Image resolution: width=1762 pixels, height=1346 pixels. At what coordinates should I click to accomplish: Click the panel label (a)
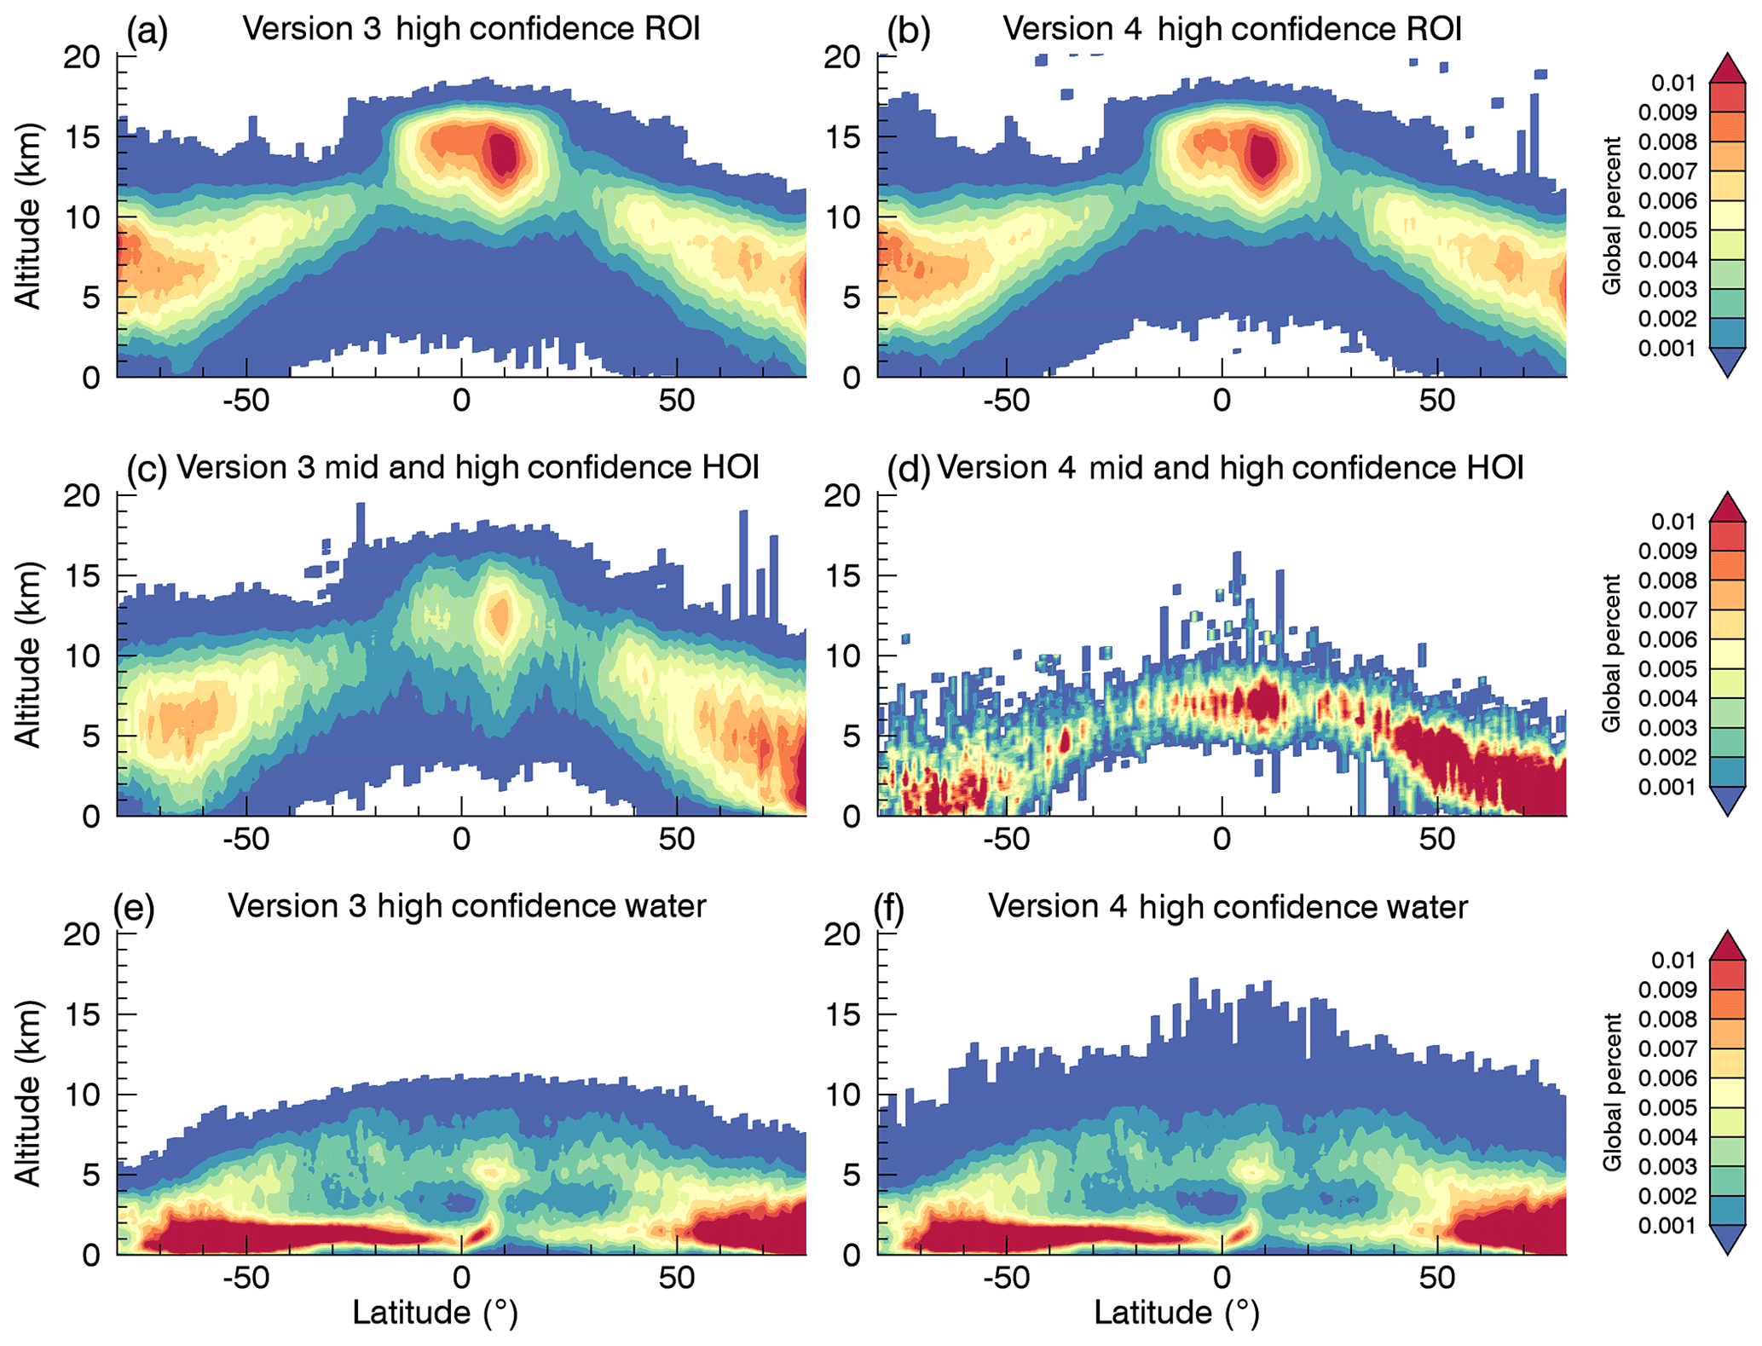[x=147, y=32]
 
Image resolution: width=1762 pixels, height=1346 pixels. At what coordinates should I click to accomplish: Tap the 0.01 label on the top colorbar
[x=1673, y=84]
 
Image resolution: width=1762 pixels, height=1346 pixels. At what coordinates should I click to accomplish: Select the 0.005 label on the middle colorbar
[x=1667, y=669]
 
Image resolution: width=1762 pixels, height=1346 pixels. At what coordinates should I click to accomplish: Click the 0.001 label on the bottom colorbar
[x=1667, y=1226]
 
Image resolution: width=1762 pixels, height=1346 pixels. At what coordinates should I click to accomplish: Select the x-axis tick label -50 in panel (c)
[x=246, y=841]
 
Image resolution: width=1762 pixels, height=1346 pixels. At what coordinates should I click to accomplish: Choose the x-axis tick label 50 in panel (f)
[x=1437, y=1279]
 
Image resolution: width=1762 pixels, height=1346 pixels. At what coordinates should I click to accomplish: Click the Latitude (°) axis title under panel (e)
[x=435, y=1313]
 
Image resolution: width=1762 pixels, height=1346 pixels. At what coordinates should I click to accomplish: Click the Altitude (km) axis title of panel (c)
[x=28, y=655]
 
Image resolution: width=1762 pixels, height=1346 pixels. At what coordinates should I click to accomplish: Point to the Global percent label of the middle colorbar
[x=1610, y=654]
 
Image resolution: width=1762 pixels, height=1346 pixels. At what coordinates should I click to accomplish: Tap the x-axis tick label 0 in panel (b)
[x=1222, y=401]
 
